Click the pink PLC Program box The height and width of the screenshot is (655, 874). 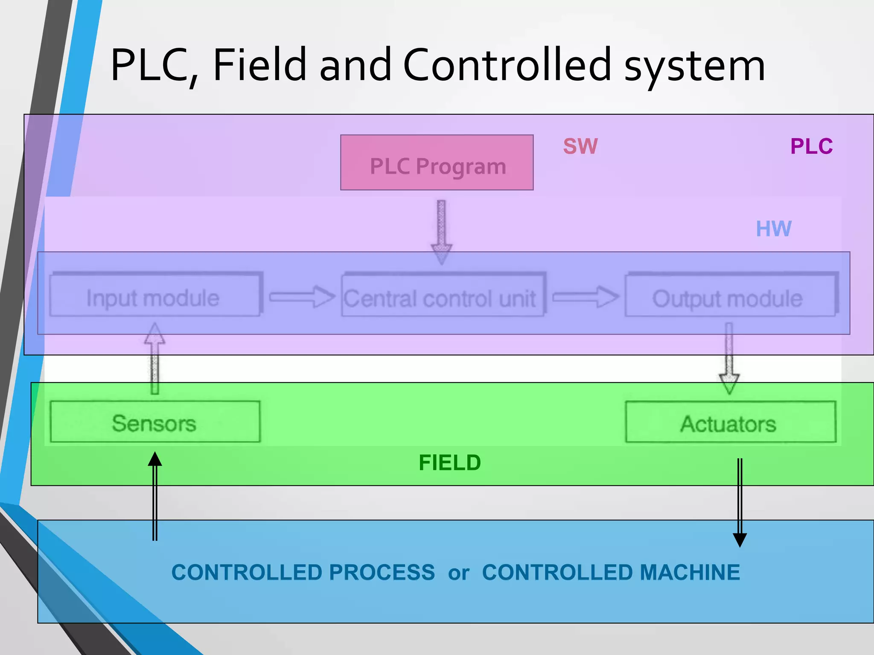pos(437,162)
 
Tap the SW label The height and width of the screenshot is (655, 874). pos(580,146)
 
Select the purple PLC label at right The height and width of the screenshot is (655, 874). pos(811,146)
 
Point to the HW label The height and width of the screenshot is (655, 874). pos(773,229)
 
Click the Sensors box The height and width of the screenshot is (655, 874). pos(155,422)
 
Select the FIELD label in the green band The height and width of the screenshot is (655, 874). pos(449,463)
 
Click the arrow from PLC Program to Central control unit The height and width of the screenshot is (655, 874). pos(441,232)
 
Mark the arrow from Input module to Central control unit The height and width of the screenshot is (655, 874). pos(302,297)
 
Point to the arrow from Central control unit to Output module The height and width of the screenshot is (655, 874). pos(585,297)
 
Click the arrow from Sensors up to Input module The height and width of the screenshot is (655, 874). pos(154,358)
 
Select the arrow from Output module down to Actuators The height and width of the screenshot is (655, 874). pos(729,358)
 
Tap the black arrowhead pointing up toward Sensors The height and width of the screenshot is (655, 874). pos(155,460)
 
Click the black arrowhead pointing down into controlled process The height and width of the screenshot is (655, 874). pos(740,539)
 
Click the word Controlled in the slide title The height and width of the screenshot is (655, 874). pos(507,65)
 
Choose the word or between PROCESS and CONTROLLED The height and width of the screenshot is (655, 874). pos(458,573)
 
